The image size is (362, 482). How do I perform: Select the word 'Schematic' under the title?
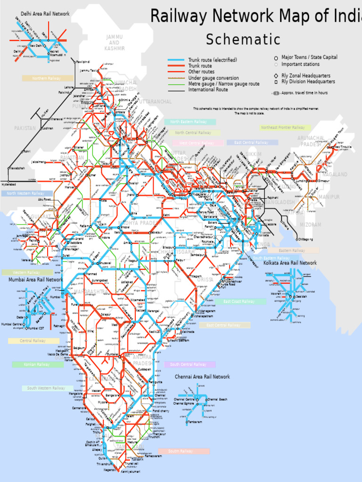pos(243,40)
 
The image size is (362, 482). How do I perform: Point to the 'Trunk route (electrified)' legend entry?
pos(213,60)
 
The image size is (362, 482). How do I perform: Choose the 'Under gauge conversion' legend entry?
pos(214,78)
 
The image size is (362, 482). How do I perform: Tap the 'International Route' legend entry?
pos(208,89)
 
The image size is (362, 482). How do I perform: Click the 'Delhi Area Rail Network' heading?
pos(45,14)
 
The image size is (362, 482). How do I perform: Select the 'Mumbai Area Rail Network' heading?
pos(35,280)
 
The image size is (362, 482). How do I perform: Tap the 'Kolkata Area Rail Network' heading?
pos(290,263)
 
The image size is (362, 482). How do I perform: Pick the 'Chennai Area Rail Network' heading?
pos(202,377)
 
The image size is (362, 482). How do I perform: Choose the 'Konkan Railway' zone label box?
pos(37,364)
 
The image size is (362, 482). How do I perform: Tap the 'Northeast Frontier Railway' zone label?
pos(283,128)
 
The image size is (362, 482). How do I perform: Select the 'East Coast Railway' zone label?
pos(239,301)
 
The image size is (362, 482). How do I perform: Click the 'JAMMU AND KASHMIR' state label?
pos(115,42)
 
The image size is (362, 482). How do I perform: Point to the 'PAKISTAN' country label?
pos(25,128)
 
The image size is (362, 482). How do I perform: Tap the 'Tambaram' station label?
pos(195,422)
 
